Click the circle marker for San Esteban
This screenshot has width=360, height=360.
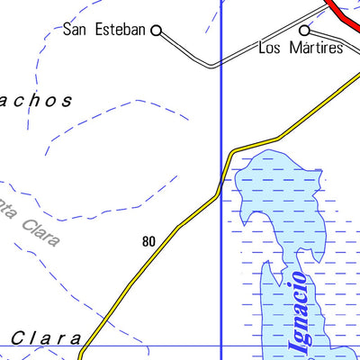156,30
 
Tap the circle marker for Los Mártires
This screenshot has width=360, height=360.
305,30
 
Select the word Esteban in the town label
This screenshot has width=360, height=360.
120,30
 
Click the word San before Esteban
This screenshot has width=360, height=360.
76,30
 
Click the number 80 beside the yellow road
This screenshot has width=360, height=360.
148,241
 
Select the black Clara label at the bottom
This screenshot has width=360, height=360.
47,338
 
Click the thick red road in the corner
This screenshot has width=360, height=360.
343,13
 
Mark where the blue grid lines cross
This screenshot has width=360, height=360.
221,346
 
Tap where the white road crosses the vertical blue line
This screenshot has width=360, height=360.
221,64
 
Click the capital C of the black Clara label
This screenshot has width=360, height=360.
18,338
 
